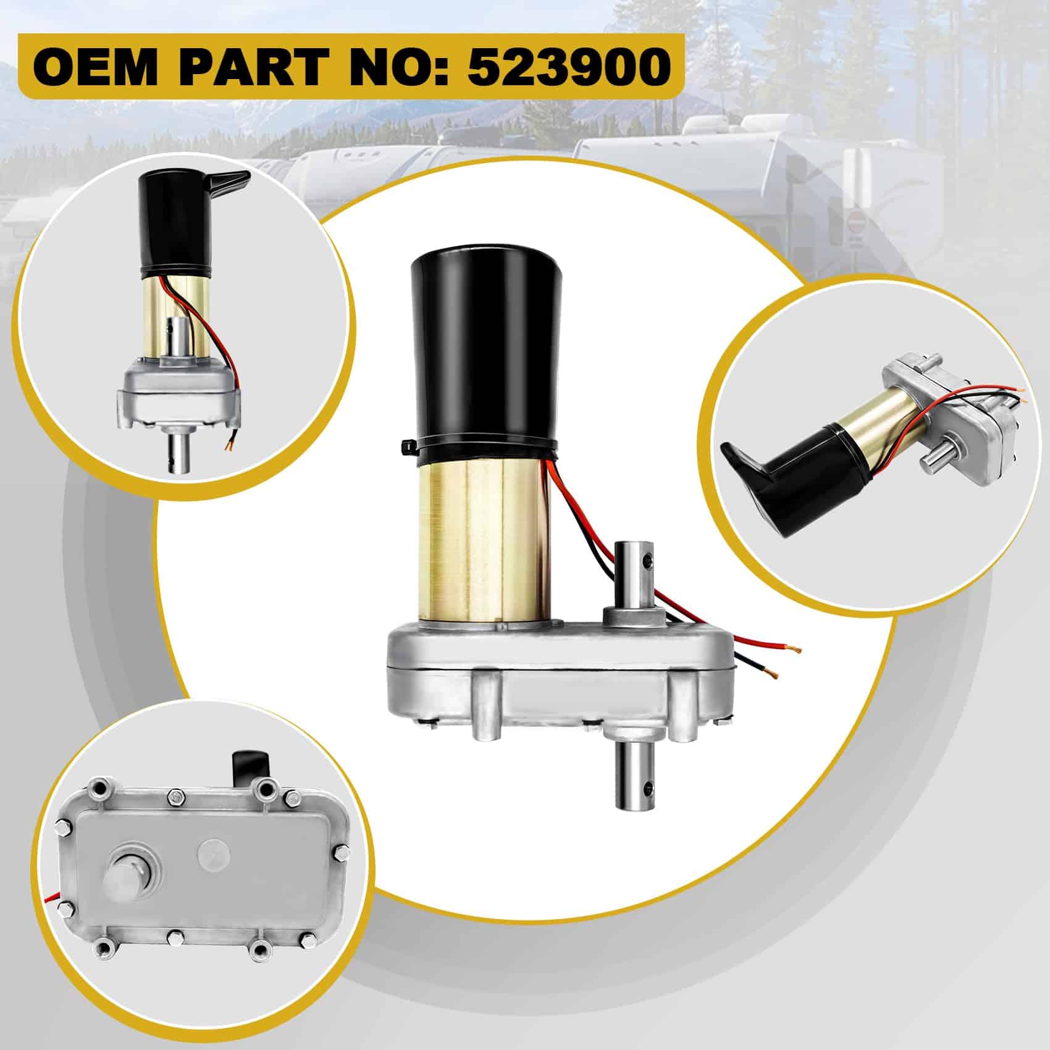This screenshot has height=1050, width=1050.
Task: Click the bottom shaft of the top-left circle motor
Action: pyautogui.click(x=184, y=453)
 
